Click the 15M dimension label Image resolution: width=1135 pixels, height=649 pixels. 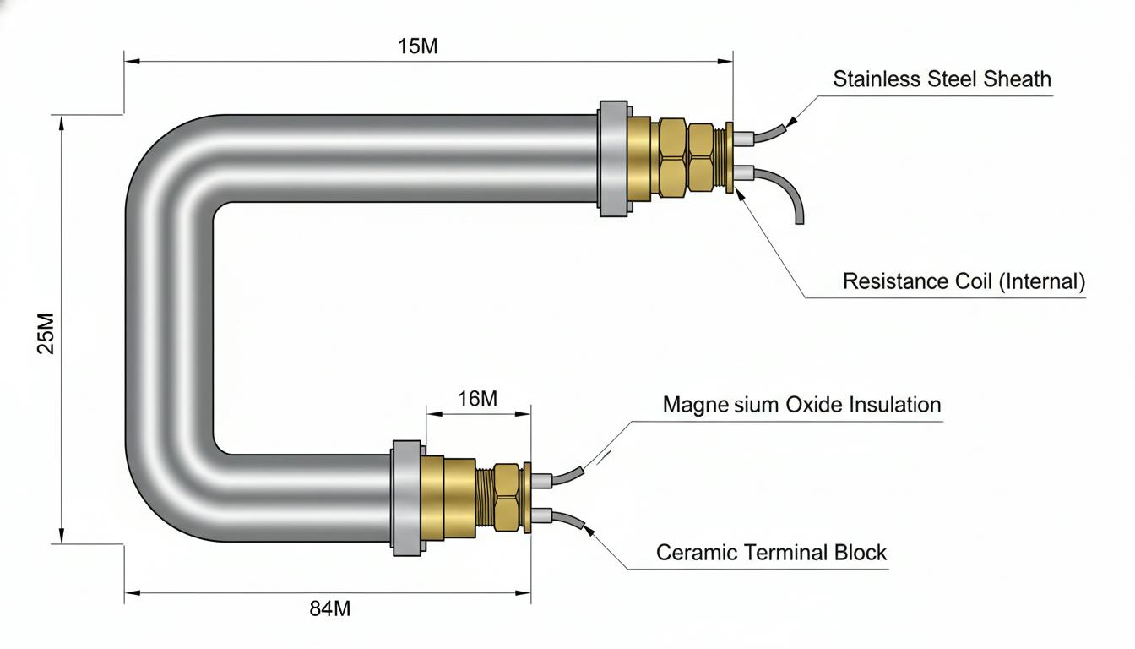[417, 46]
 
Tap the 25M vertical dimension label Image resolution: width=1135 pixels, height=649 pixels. [46, 334]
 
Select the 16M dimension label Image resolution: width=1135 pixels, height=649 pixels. [477, 399]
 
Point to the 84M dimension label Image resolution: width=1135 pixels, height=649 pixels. [330, 608]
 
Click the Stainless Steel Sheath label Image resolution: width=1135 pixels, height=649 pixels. [942, 79]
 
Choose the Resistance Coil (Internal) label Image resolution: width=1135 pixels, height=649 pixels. [964, 281]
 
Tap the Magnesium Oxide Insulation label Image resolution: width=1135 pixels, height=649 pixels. [801, 405]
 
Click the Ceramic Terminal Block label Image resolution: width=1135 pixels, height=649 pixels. [771, 552]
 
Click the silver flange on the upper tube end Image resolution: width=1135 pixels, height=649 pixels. [614, 159]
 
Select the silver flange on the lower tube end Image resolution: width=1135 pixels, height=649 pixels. [407, 498]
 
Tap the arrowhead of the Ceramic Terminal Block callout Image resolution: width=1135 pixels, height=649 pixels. [589, 531]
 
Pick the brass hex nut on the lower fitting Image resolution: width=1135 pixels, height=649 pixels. [506, 498]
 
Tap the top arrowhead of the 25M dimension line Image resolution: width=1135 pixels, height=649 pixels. [62, 123]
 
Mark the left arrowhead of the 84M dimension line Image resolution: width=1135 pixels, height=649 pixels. [133, 592]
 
